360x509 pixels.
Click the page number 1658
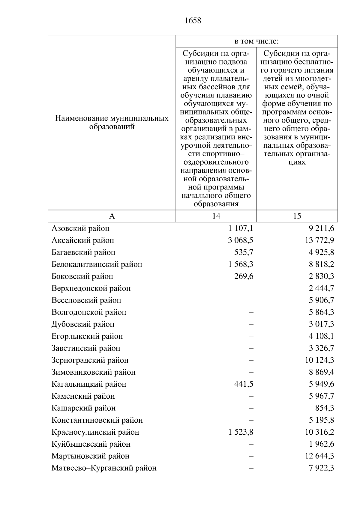coord(193,21)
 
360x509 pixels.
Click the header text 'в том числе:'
coord(256,41)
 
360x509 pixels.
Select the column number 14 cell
coord(216,216)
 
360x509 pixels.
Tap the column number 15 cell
coord(297,216)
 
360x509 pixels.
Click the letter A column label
coord(112,216)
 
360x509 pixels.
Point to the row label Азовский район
coord(80,228)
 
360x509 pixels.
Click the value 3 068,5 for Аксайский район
coord(241,240)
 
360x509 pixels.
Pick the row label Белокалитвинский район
coord(97,264)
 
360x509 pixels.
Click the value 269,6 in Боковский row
coord(244,276)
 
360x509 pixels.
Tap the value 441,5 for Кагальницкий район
coord(244,384)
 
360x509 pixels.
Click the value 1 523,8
coord(241,432)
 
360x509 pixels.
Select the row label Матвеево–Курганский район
coord(104,468)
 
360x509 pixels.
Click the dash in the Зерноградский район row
coord(251,360)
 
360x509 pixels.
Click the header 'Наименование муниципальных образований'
coord(112,122)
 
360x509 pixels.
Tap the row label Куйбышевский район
coord(91,444)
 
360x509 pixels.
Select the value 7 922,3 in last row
coord(321,468)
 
